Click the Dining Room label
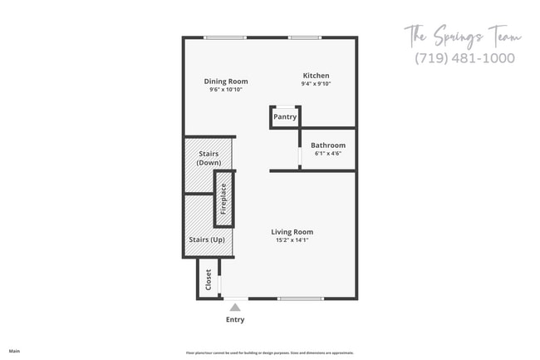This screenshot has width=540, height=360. [x=226, y=81]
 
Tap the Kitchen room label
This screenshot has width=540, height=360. [x=316, y=75]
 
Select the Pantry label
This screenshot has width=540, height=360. [x=285, y=117]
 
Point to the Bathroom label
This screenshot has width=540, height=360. [x=328, y=145]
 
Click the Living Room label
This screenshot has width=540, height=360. [x=292, y=232]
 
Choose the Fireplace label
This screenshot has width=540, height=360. [x=223, y=200]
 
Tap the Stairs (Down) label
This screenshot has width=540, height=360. [x=209, y=158]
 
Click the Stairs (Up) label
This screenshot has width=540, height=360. [x=207, y=239]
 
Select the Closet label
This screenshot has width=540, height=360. [x=209, y=278]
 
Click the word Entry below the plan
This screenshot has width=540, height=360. [x=235, y=319]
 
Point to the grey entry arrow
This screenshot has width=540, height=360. [x=235, y=306]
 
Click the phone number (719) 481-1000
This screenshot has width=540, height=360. [x=464, y=58]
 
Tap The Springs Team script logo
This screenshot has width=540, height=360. [x=463, y=37]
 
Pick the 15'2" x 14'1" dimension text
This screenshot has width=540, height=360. [x=292, y=240]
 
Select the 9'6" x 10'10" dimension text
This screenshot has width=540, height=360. [x=226, y=90]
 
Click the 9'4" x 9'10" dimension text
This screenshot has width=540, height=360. [x=316, y=83]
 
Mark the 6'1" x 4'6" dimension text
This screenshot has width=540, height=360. [x=328, y=154]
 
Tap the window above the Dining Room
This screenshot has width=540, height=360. [x=225, y=37]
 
